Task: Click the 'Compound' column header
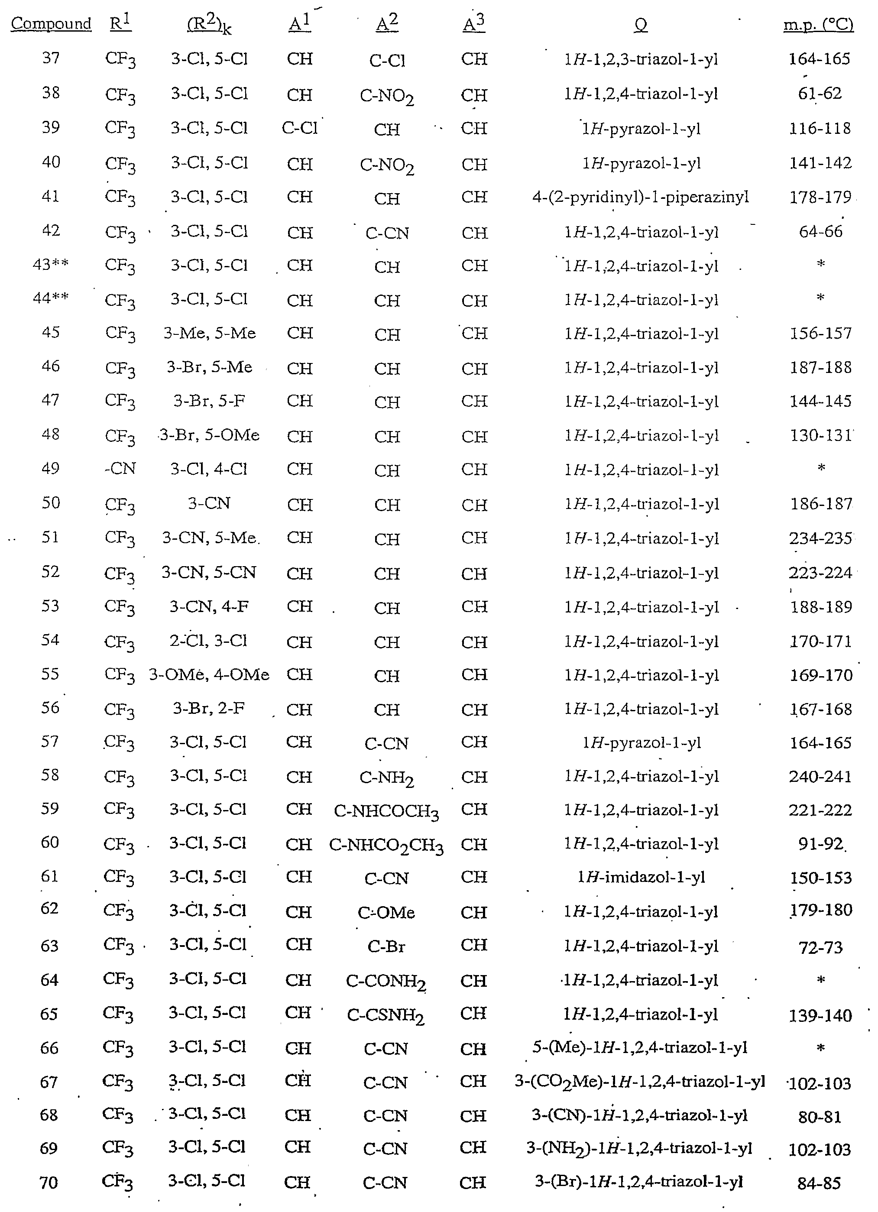(51, 24)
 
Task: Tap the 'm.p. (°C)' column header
(818, 25)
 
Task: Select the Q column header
(641, 25)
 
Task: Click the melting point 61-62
(820, 94)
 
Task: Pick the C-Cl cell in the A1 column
(299, 128)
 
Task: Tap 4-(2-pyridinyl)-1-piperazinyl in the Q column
(640, 197)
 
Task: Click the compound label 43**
(50, 265)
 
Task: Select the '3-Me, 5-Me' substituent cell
(210, 334)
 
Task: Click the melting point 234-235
(820, 538)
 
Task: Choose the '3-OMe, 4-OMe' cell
(209, 675)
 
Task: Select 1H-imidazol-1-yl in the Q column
(641, 878)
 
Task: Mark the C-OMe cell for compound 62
(386, 912)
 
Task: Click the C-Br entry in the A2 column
(386, 946)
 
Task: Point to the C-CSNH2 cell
(386, 1015)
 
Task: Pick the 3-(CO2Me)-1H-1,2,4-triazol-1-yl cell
(640, 1082)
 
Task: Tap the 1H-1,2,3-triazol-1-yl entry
(641, 59)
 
